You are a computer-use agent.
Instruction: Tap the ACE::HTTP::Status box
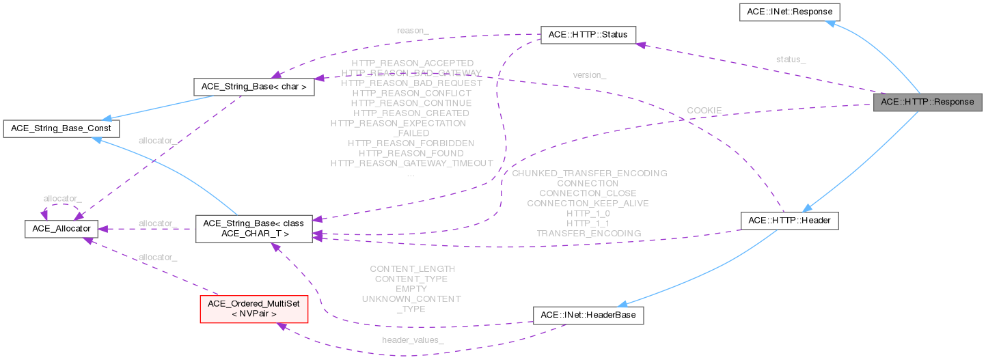[588, 35]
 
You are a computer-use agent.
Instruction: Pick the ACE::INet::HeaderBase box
[588, 315]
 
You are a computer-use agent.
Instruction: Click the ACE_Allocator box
[62, 229]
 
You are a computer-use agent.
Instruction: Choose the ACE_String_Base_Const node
[62, 128]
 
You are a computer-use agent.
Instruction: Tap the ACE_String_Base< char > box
[254, 87]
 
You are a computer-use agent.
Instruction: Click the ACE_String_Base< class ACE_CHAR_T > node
[254, 229]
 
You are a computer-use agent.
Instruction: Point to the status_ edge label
[791, 59]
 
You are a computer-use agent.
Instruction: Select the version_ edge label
[590, 74]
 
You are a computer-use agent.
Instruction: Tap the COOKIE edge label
[704, 110]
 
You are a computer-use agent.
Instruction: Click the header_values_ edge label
[413, 340]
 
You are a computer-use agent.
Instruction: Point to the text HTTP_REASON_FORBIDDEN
[411, 143]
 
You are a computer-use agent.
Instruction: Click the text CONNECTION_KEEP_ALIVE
[588, 203]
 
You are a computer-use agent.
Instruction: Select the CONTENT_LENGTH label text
[411, 269]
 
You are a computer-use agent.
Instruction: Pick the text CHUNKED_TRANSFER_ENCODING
[588, 174]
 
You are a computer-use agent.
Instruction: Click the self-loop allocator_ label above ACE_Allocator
[62, 198]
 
